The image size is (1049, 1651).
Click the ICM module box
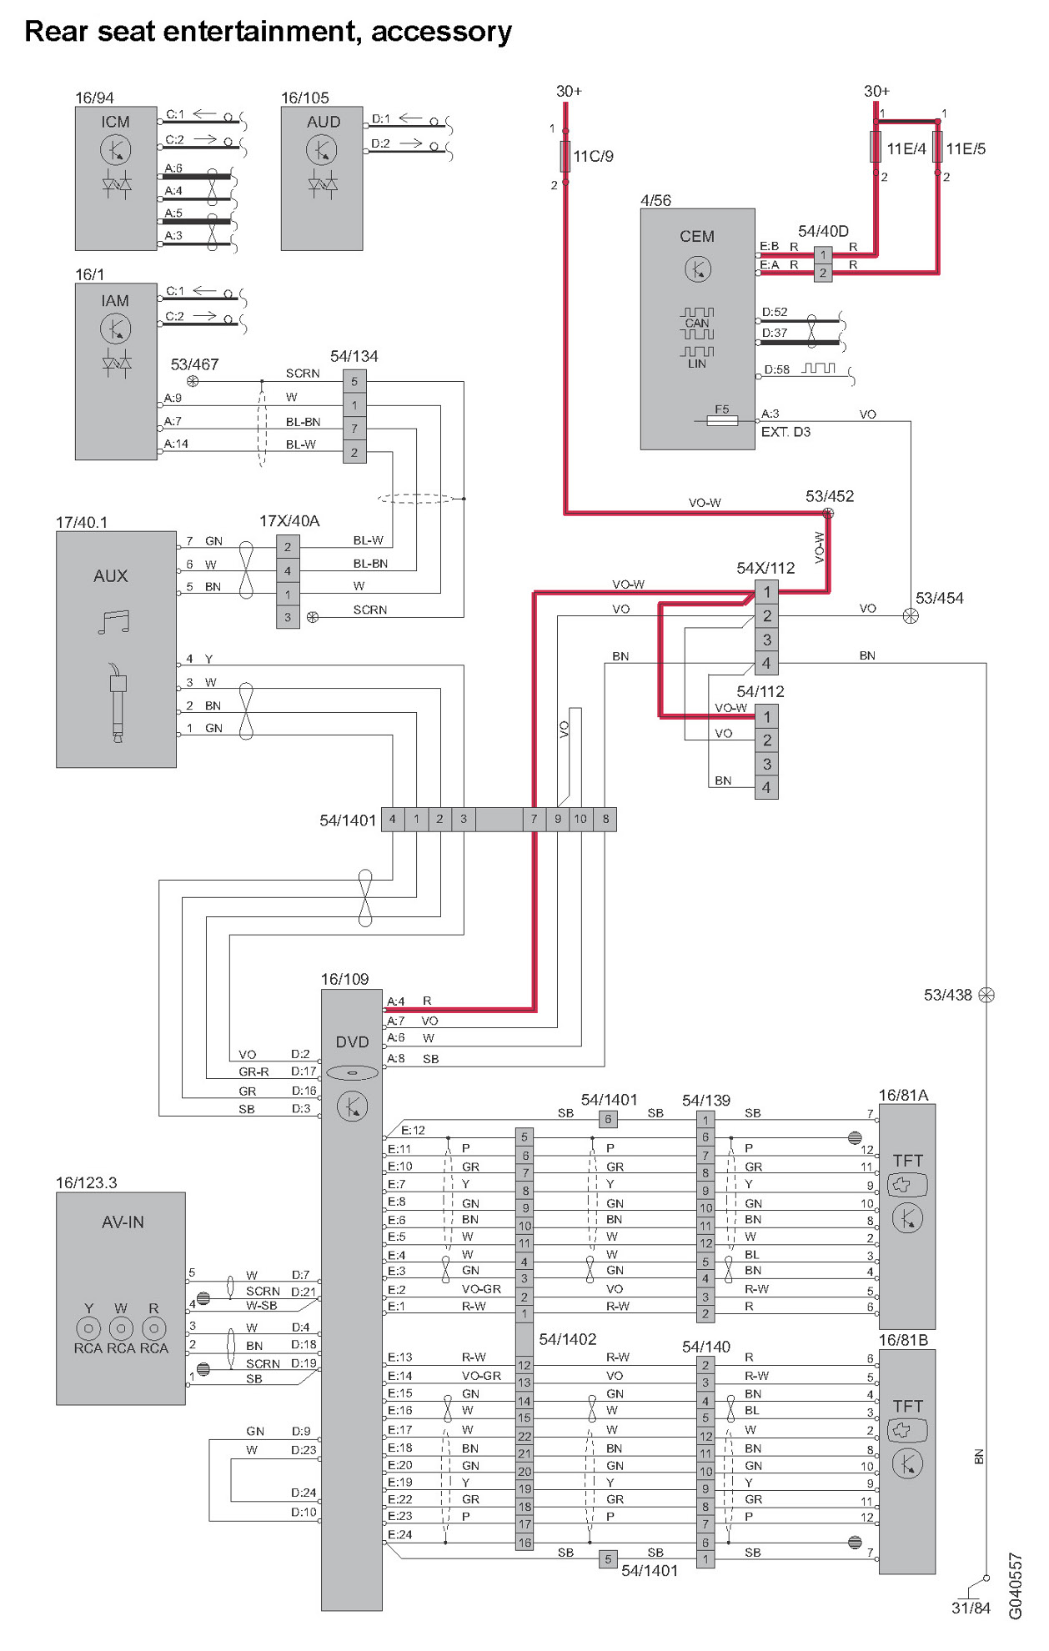[116, 178]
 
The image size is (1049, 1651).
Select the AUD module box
[322, 178]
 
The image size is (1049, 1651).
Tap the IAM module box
[116, 372]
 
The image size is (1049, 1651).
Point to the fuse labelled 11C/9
[565, 156]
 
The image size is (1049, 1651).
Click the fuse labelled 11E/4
[876, 147]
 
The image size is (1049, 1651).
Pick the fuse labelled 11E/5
[938, 147]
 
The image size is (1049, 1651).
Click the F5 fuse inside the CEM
[722, 421]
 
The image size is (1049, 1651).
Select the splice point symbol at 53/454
[911, 616]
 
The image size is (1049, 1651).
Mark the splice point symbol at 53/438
[986, 995]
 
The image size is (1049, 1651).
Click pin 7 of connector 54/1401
[535, 820]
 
